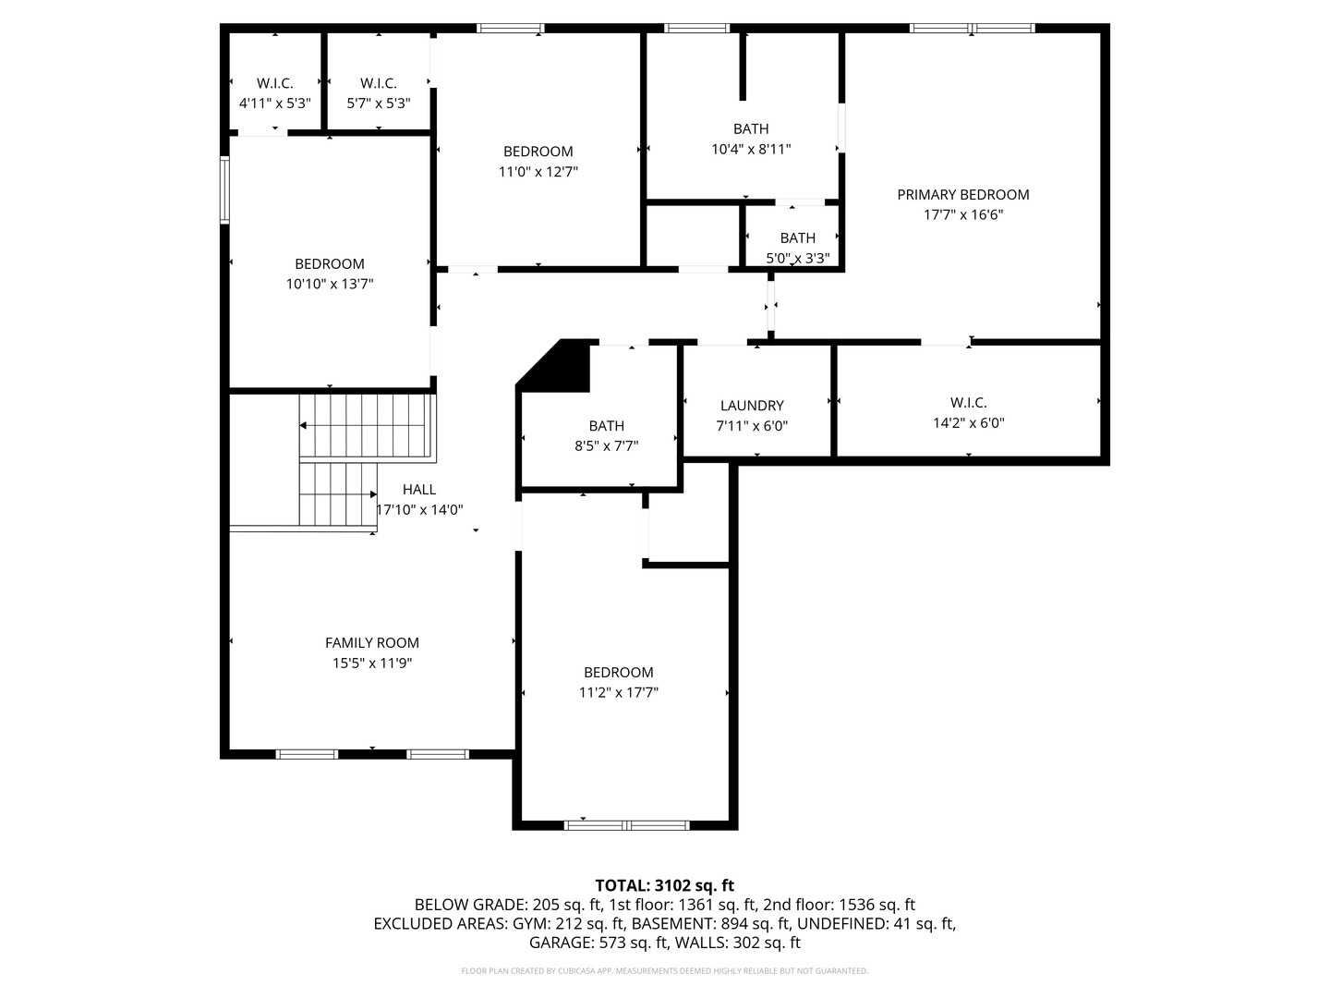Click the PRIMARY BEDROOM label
(x=962, y=194)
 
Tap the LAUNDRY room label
(x=752, y=405)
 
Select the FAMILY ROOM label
(x=371, y=642)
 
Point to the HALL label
(x=418, y=489)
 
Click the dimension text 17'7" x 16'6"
(x=962, y=214)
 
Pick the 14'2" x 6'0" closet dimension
(x=968, y=423)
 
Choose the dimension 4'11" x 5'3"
(x=274, y=103)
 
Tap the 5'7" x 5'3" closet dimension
(x=378, y=103)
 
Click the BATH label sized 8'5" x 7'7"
(x=606, y=425)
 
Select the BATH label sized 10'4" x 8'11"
(x=750, y=128)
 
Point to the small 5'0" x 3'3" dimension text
(x=797, y=259)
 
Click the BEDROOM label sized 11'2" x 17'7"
(x=618, y=672)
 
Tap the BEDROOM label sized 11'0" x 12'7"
(x=538, y=151)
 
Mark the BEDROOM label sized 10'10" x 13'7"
(x=329, y=263)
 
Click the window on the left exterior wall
(x=224, y=190)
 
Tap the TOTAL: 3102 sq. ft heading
(x=664, y=885)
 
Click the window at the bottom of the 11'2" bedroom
(x=626, y=824)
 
